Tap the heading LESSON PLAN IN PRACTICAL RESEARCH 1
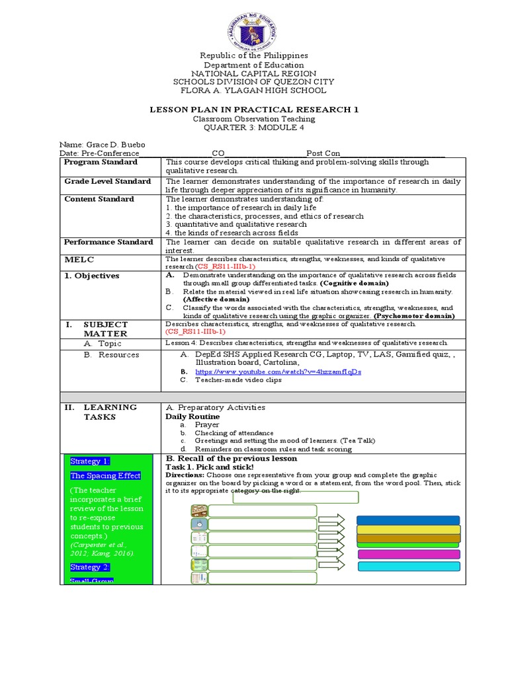pos(254,109)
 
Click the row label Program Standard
pos(100,162)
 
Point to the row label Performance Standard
pos(108,242)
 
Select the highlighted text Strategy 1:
pos(90,461)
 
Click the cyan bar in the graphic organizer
pos(408,566)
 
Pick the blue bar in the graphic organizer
pos(408,520)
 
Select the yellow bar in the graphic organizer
pos(408,529)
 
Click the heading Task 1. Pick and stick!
pos(210,467)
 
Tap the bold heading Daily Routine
pos(192,417)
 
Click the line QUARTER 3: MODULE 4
pos(254,128)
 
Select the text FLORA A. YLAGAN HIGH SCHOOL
pos(254,91)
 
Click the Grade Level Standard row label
pos(107,181)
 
